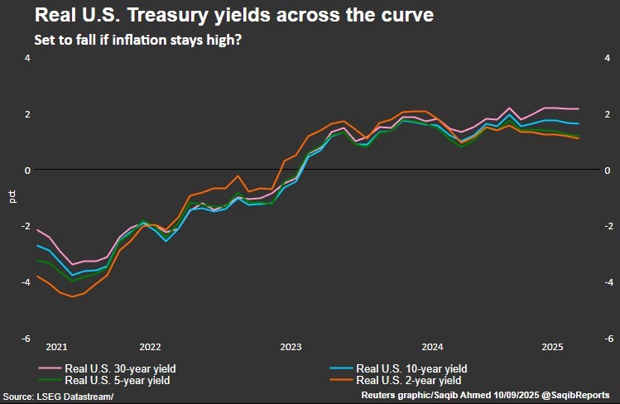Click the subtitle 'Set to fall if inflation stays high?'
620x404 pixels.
pos(137,40)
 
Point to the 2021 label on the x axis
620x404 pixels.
pos(57,346)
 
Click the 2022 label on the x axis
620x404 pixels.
pos(150,346)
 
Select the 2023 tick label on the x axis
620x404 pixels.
pos(291,346)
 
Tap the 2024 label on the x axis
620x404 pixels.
pos(433,346)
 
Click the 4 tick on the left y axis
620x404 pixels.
pos(27,58)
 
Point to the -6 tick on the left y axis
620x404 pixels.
pos(26,339)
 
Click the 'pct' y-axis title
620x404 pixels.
pos(12,197)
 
